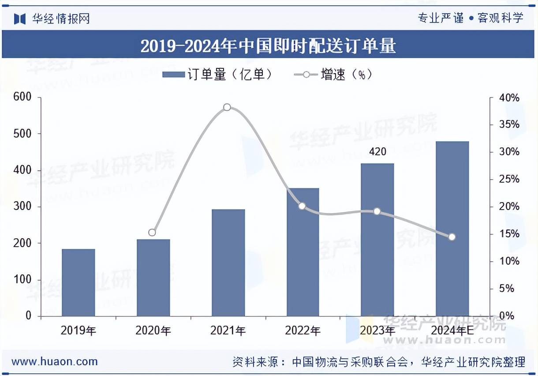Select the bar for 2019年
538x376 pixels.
tap(78, 282)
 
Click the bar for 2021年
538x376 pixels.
tap(228, 263)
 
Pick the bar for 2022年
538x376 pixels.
tap(303, 252)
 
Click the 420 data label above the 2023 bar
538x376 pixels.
tap(377, 152)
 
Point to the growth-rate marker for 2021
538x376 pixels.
tap(227, 107)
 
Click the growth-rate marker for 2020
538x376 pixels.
tap(152, 233)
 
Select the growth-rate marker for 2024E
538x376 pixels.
tap(452, 237)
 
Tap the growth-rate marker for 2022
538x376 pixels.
tap(302, 206)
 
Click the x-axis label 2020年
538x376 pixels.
tap(153, 330)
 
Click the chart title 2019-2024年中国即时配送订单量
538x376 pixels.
tap(268, 45)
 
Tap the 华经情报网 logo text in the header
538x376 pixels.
tap(61, 19)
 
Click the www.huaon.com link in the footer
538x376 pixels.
tap(55, 362)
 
